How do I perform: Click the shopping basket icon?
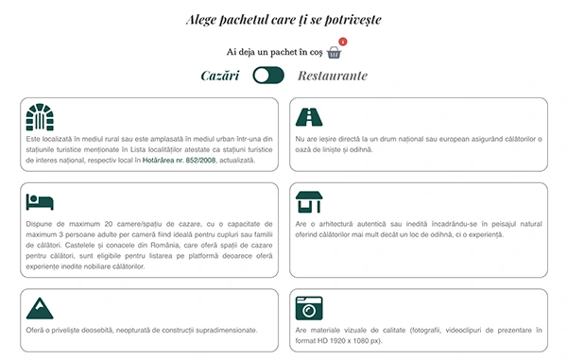334,53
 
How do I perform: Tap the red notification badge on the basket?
343,42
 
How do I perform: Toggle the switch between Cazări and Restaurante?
268,76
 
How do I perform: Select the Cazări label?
220,76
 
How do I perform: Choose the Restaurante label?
333,76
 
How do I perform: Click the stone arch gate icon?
40,117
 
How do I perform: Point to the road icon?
309,117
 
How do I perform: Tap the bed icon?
40,201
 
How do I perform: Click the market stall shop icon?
309,202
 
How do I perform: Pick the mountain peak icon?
40,308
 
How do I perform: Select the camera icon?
309,308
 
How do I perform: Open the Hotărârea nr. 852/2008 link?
179,160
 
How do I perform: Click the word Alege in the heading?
201,20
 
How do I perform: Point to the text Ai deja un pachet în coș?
274,52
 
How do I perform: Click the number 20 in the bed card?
108,224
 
